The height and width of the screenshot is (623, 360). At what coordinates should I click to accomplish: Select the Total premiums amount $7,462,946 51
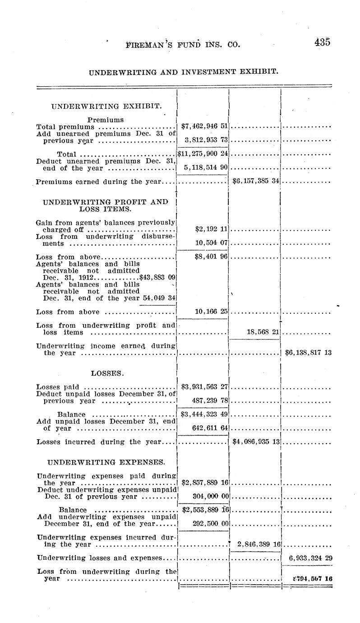point(204,126)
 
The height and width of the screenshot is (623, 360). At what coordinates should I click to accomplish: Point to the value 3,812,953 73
point(205,140)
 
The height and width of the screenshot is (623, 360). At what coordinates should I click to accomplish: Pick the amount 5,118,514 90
point(205,168)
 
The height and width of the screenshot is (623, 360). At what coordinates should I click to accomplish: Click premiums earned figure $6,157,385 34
point(256,181)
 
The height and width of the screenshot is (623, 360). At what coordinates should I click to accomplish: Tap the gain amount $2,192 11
point(211,229)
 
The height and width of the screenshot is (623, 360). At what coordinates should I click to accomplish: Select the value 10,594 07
point(210,243)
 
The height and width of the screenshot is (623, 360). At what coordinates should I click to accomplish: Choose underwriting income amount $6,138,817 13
point(309,353)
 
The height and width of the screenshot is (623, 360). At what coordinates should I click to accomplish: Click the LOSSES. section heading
point(107,373)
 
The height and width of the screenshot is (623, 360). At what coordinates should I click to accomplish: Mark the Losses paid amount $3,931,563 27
point(204,387)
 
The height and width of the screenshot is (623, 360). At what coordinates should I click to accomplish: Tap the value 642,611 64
point(208,428)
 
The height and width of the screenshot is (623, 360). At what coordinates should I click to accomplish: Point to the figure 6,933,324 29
point(311,558)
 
